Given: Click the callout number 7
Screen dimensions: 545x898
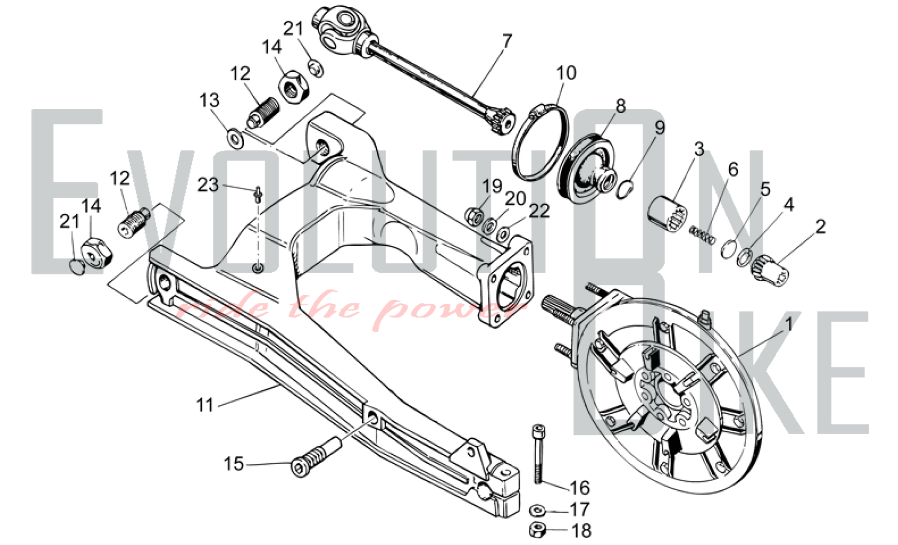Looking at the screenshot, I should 506,42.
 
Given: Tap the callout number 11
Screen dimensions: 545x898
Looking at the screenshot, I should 205,405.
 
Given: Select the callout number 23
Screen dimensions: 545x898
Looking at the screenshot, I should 208,185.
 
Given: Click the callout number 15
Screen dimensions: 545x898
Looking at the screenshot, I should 233,464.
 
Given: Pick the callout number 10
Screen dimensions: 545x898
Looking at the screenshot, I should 566,73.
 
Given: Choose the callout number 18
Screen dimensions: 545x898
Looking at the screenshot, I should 581,531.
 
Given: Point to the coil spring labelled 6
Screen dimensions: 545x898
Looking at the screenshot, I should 702,235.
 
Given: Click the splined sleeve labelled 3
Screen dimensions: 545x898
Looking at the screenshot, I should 668,213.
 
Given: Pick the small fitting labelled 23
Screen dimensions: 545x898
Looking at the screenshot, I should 258,195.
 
